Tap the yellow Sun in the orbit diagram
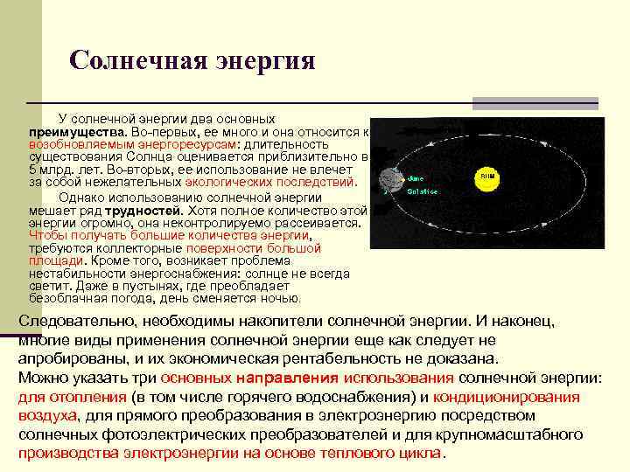(486, 177)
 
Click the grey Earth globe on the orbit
(387, 181)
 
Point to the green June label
(416, 177)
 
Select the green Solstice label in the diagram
(422, 191)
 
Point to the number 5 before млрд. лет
(32, 170)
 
